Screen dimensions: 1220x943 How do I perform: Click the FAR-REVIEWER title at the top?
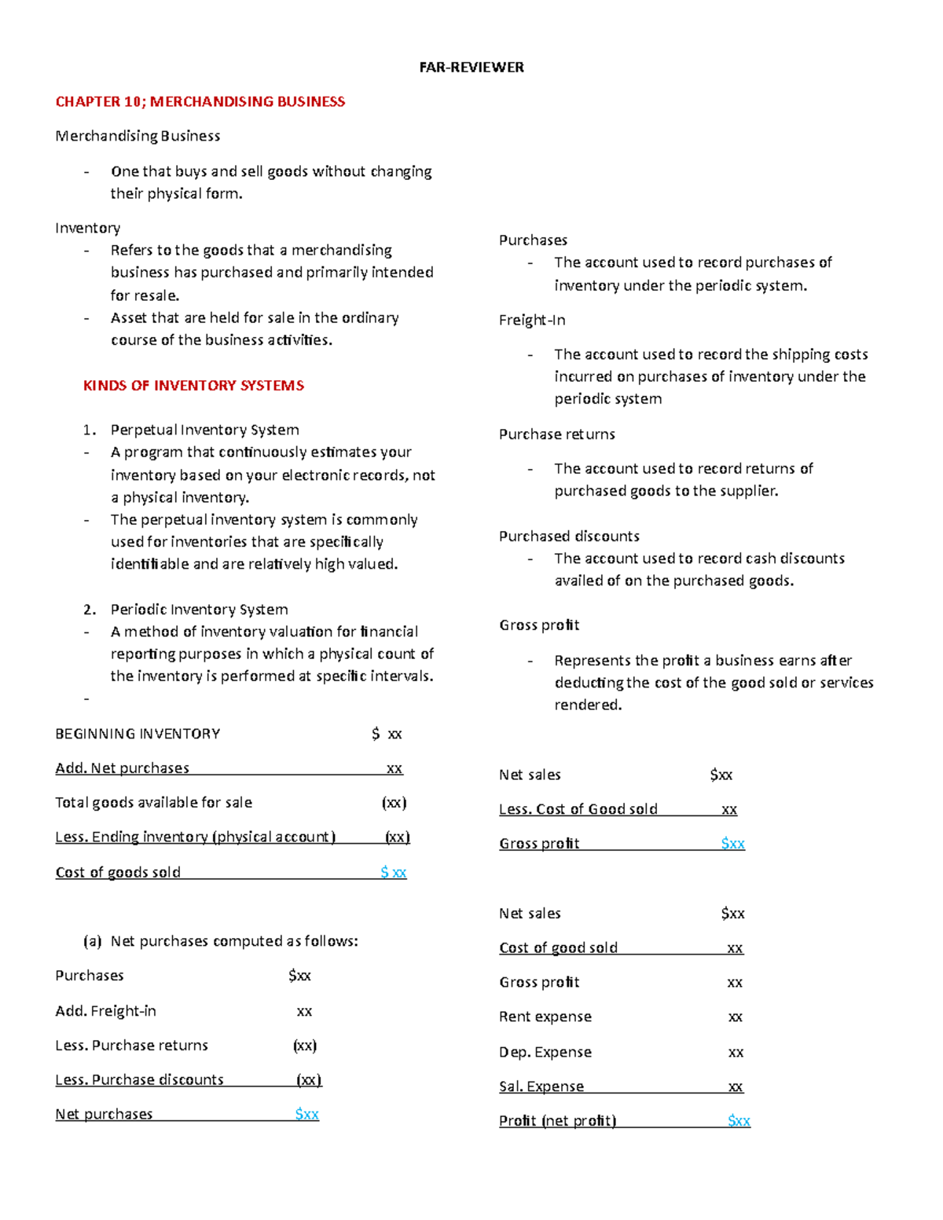(x=471, y=68)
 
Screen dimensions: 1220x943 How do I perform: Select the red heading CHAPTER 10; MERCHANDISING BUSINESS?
(x=200, y=101)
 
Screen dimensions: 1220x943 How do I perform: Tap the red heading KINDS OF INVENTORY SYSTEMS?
(x=193, y=386)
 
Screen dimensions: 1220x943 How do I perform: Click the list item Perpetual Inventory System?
(x=204, y=430)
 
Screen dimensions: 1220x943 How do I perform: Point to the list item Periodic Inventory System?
(x=199, y=610)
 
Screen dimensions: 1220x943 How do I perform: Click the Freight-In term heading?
(x=532, y=321)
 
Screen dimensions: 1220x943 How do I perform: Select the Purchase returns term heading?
(x=556, y=434)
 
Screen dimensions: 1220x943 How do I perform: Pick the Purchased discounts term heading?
(x=569, y=537)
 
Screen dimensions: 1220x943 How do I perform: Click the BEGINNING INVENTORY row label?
(x=138, y=734)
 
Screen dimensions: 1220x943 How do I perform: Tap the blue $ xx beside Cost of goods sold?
(x=393, y=872)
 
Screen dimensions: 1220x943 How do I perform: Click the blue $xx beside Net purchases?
(x=306, y=1114)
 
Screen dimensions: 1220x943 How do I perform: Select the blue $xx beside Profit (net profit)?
(x=739, y=1121)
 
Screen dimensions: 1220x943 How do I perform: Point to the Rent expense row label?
(x=545, y=1017)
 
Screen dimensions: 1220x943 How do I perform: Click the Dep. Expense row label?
(x=545, y=1052)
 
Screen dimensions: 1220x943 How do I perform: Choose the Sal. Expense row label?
(x=541, y=1086)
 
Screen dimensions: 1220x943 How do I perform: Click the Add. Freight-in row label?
(x=105, y=1011)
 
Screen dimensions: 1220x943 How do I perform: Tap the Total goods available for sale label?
(x=153, y=803)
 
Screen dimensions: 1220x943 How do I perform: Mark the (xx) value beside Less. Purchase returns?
(x=305, y=1046)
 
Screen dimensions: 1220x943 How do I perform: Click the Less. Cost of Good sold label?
(x=578, y=809)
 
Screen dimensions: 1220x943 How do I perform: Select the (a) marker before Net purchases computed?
(x=93, y=941)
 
